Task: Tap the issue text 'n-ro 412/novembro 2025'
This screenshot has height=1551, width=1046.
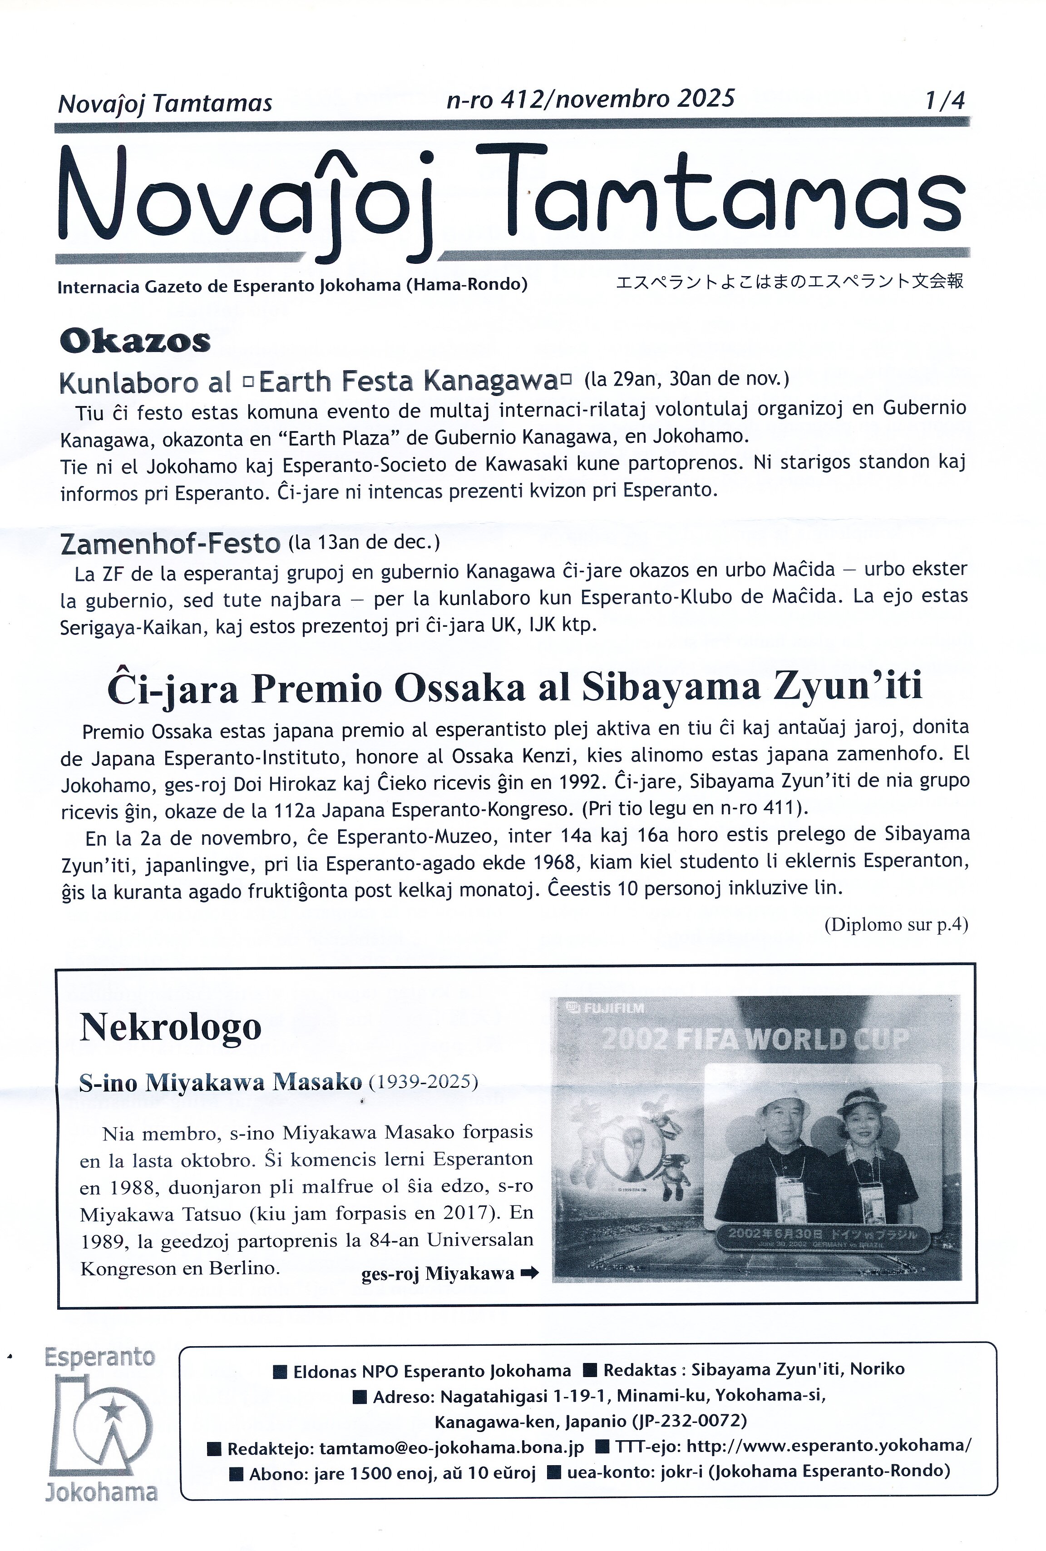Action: pyautogui.click(x=590, y=99)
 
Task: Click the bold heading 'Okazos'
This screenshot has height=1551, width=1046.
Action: pyautogui.click(x=135, y=341)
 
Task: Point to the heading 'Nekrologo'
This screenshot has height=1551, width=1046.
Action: pyautogui.click(x=170, y=1026)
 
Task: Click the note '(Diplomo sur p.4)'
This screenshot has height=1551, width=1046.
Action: pyautogui.click(x=896, y=924)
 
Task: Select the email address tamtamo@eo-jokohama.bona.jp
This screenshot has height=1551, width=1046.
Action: pyautogui.click(x=452, y=1447)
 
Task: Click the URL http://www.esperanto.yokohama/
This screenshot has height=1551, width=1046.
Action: pyautogui.click(x=829, y=1446)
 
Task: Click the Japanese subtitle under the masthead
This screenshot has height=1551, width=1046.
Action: pyautogui.click(x=789, y=281)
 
